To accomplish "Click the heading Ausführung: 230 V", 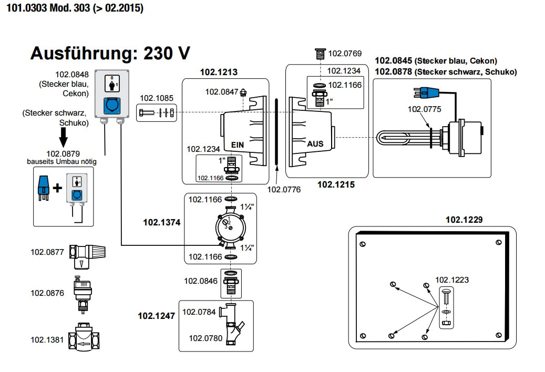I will [110, 54].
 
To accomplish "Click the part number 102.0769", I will [345, 53].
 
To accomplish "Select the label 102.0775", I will [425, 109].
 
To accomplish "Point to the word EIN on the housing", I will [238, 143].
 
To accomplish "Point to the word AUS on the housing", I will [315, 143].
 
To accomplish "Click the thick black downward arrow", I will [63, 138].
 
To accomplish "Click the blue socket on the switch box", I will [111, 105].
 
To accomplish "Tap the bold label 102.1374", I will [162, 223].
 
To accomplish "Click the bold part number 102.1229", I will [464, 220].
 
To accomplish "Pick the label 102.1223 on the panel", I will [452, 280].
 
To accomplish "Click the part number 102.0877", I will [47, 252].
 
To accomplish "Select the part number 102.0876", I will [47, 293].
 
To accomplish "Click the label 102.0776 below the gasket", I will [284, 190].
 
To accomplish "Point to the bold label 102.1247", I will [157, 316].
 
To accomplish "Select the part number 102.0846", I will [200, 281].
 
